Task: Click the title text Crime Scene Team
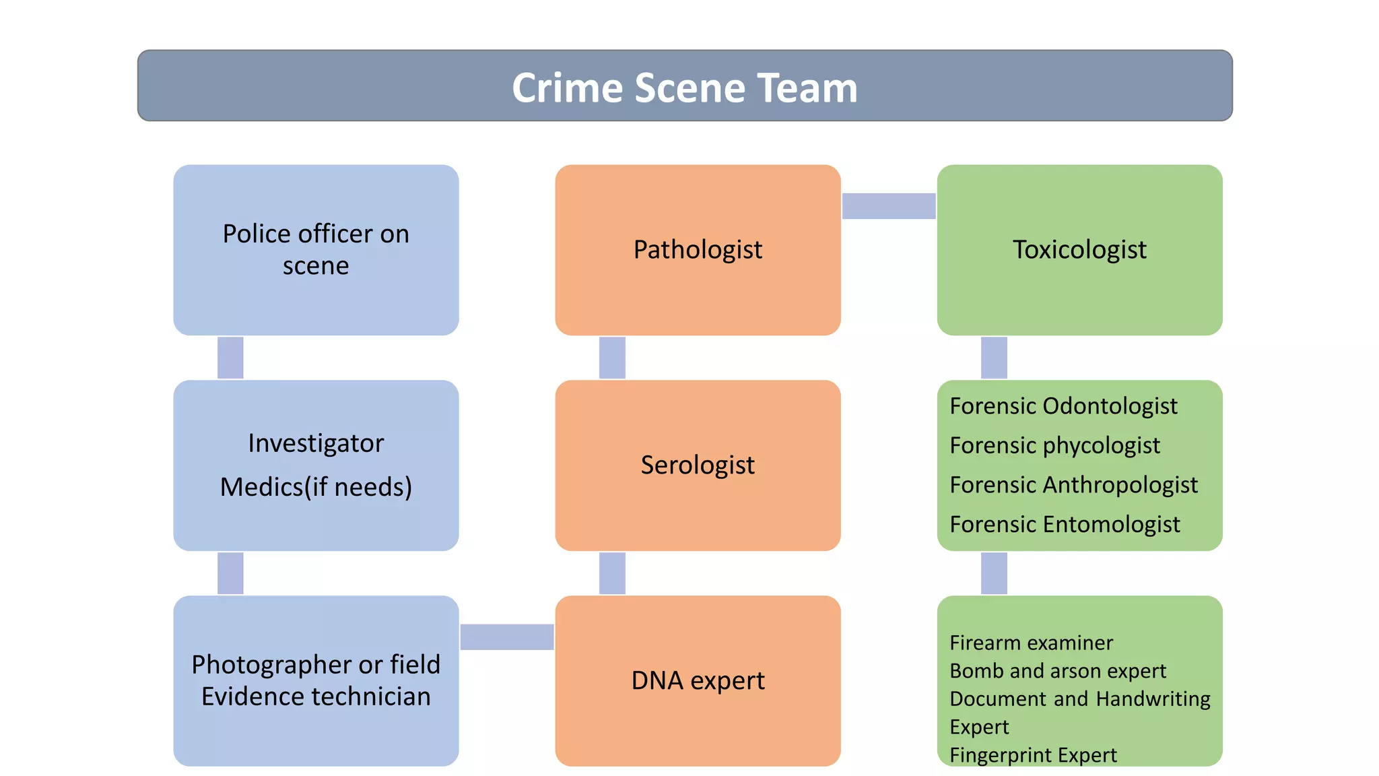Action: tap(685, 88)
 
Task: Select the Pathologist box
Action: tap(698, 250)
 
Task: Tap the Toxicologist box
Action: tap(1079, 250)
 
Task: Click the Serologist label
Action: tap(698, 465)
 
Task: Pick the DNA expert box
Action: tap(698, 680)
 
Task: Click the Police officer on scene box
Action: tap(316, 250)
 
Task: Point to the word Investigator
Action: tap(316, 443)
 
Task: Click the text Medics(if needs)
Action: tap(316, 487)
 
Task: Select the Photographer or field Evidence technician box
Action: tap(316, 680)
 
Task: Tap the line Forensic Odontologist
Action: tap(1063, 406)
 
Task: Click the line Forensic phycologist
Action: tap(1054, 445)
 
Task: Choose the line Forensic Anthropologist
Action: tap(1073, 485)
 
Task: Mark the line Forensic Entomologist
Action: tap(1065, 524)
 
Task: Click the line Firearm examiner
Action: tap(1031, 643)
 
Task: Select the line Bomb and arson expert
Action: tap(1057, 671)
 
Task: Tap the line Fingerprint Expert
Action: tap(1033, 755)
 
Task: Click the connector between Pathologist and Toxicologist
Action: tap(889, 206)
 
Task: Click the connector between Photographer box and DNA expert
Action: tap(507, 637)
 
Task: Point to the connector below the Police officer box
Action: tap(230, 358)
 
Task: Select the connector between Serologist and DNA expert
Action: tap(612, 573)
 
